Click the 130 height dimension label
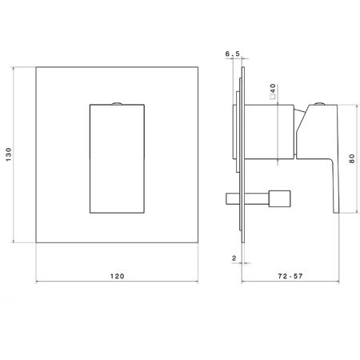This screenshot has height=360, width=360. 9,154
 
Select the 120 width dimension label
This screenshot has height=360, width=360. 118,276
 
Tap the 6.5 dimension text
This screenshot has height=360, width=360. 233,54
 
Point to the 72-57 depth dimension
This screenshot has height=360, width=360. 290,276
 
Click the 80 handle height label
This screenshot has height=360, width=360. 352,158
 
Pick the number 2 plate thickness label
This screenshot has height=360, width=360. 234,258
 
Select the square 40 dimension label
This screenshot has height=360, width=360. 273,91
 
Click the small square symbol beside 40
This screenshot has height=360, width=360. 273,97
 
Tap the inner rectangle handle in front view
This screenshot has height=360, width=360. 117,158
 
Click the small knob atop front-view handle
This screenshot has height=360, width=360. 117,103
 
